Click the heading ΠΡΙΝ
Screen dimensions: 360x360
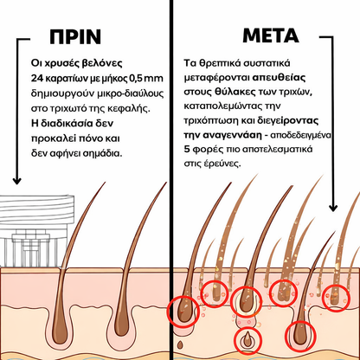click(x=75, y=36)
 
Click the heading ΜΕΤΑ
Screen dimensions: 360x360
click(x=271, y=35)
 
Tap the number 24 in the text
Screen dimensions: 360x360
click(x=36, y=78)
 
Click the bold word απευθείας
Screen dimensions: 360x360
click(x=279, y=78)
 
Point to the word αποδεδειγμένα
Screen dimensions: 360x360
click(x=300, y=135)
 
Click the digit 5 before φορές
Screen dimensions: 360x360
click(x=187, y=150)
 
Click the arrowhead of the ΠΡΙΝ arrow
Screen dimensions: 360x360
click(x=17, y=181)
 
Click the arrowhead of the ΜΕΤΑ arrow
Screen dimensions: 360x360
click(x=333, y=208)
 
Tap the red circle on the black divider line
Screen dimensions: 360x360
click(x=168, y=312)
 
